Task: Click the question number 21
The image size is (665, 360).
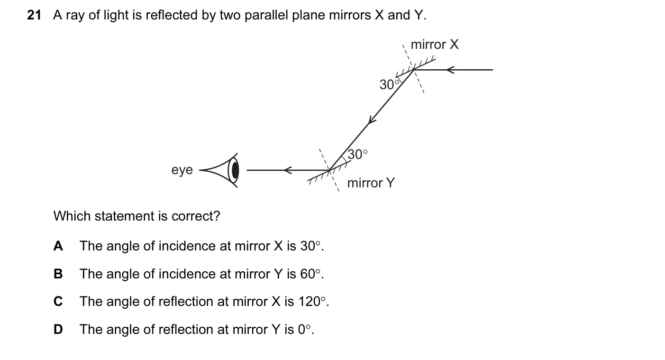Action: (x=34, y=15)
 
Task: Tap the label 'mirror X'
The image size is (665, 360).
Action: (x=435, y=45)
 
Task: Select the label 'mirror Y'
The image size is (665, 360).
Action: (x=371, y=183)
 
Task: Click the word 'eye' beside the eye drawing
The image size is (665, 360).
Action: (x=182, y=170)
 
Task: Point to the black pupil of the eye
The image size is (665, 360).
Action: (x=235, y=170)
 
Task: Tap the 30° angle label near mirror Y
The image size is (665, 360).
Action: (x=357, y=155)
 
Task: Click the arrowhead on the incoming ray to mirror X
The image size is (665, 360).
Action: (x=450, y=70)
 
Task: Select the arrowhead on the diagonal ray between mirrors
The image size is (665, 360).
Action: (x=372, y=120)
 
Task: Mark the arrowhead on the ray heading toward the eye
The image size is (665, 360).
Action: (x=288, y=170)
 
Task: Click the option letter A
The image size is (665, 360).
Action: (x=58, y=246)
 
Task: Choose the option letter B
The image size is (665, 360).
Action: (x=58, y=274)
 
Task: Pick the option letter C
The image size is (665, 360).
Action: (x=58, y=302)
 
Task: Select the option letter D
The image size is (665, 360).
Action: (x=58, y=329)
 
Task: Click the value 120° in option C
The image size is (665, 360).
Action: (x=312, y=302)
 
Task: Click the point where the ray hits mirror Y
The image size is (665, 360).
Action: (x=329, y=170)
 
